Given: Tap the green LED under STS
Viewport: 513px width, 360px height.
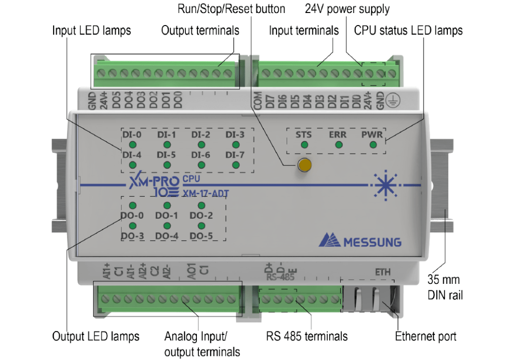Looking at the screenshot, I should pos(304,145).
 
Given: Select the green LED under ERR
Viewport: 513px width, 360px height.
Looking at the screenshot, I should pos(339,145).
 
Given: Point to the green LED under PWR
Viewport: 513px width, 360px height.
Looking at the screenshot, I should pos(373,145).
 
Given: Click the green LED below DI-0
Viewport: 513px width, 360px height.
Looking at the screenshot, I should pos(132,145).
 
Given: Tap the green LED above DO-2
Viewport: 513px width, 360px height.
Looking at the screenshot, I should pos(201,206).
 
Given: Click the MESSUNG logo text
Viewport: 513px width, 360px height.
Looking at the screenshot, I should pos(372,242).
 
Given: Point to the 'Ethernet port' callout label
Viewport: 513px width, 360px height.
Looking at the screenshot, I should pos(426,336).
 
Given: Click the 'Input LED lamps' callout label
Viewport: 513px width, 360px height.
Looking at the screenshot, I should pos(92,31).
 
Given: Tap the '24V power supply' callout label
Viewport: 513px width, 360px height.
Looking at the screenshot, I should pos(347,9).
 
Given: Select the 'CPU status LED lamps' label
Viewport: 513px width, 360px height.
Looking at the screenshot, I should pos(408,31).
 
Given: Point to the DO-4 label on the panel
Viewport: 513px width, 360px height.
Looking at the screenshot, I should pos(167,235).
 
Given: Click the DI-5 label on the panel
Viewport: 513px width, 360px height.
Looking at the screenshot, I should pos(166,155).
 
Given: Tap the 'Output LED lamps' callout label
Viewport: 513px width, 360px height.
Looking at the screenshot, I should pos(96,336).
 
